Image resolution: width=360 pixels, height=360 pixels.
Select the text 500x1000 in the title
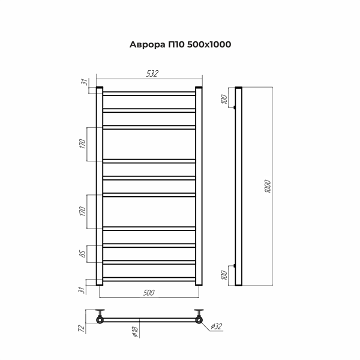209,44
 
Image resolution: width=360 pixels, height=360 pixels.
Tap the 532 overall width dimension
152,73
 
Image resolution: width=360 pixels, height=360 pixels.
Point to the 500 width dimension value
149,293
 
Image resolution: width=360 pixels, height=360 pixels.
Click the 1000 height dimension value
268,187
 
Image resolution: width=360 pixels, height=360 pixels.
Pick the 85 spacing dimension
83,253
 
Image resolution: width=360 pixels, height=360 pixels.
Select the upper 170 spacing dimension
82,144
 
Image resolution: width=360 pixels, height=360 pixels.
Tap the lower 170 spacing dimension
82,211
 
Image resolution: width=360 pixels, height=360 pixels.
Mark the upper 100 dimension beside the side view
224,99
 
